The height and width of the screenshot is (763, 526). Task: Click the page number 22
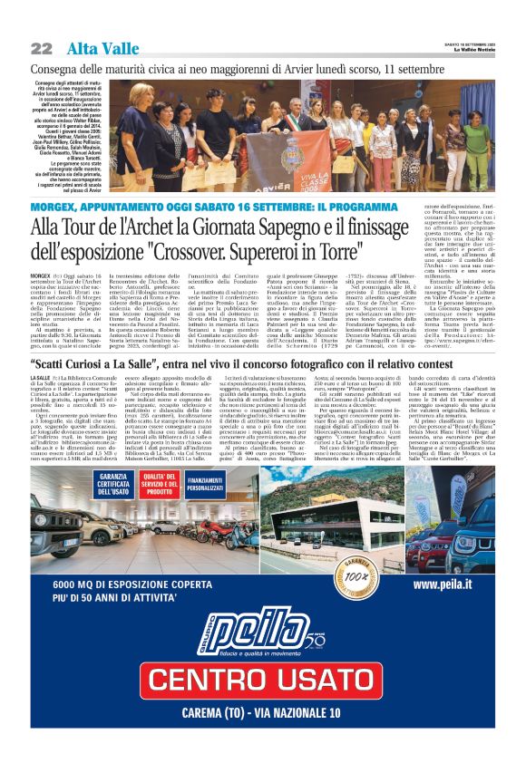(42, 48)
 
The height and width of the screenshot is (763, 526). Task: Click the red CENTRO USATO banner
(263, 680)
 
